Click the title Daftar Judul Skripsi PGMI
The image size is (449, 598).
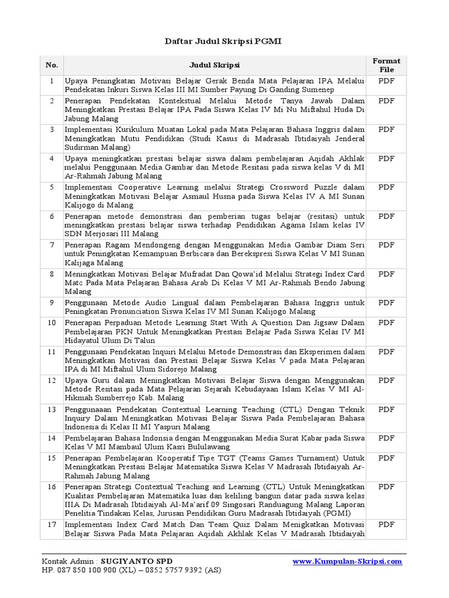224,42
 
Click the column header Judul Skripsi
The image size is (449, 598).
214,65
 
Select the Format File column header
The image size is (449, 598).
386,65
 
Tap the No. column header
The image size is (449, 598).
52,65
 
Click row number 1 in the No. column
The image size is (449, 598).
52,81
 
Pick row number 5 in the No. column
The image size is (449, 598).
52,187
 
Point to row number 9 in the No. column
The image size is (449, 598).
52,303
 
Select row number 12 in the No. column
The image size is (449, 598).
52,380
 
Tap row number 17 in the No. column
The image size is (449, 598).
52,524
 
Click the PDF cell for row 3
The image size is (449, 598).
386,129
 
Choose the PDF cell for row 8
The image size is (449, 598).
386,273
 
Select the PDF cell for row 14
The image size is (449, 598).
386,438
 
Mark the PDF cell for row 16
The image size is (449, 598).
386,486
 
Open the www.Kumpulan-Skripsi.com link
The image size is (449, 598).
347,561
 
